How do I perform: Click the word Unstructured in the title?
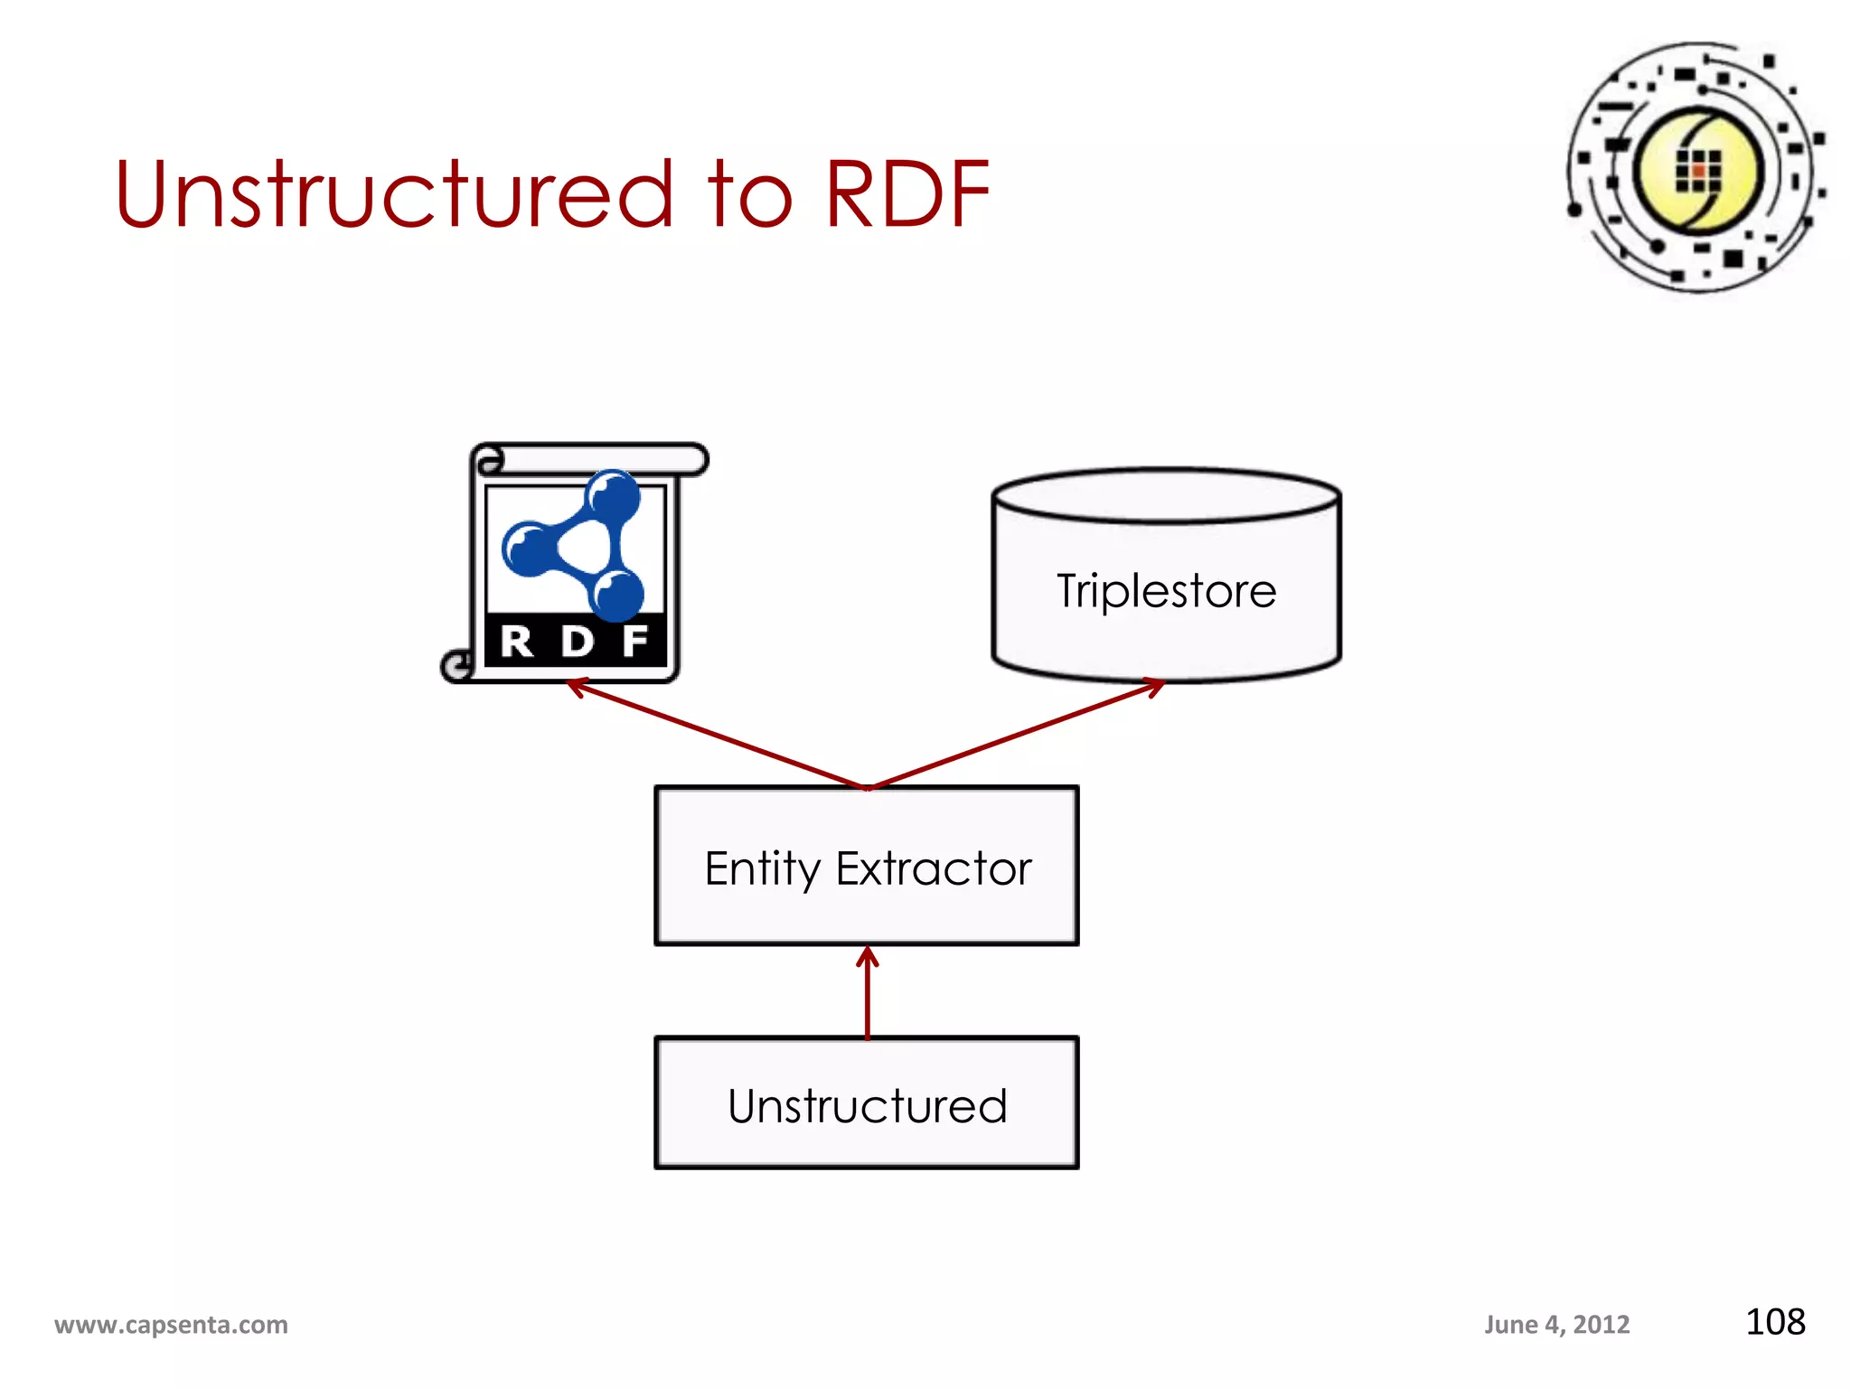[x=395, y=193]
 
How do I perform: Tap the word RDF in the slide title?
[x=907, y=193]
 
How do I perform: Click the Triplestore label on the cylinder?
[x=1166, y=591]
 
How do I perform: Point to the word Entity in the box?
[x=762, y=869]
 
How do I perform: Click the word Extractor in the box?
[x=934, y=869]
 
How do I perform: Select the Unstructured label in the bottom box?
[x=867, y=1106]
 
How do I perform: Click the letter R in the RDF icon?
[x=517, y=642]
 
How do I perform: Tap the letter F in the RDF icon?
[x=635, y=642]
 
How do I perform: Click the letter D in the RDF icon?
[x=577, y=642]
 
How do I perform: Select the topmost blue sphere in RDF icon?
[x=614, y=496]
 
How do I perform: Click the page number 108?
[x=1775, y=1322]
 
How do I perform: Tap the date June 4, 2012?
[x=1556, y=1325]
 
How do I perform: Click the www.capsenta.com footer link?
[x=171, y=1325]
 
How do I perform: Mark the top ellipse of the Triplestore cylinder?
[x=1166, y=495]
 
